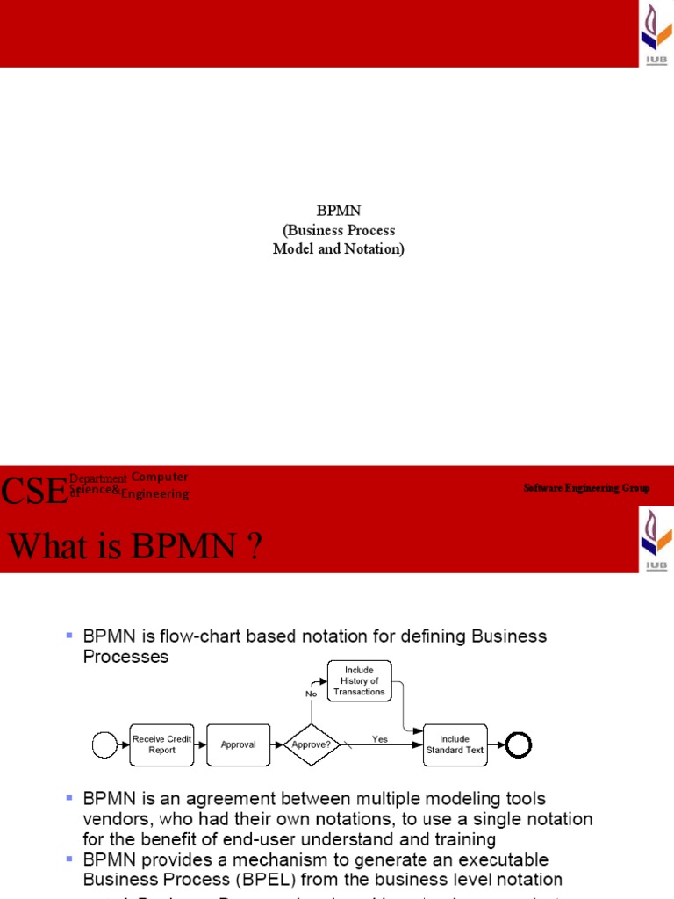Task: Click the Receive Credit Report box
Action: pos(161,744)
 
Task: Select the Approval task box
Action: pos(238,744)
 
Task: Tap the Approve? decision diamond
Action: pos(311,744)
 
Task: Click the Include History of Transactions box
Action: pos(359,681)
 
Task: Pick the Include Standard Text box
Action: pos(455,744)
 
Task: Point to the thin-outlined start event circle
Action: pos(104,745)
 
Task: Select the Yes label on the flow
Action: pos(379,739)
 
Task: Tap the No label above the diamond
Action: pos(311,694)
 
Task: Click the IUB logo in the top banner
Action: pos(654,33)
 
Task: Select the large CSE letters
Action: pos(33,491)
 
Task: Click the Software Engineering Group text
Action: pos(586,488)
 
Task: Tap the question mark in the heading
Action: pos(254,549)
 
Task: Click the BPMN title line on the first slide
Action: pos(339,212)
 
